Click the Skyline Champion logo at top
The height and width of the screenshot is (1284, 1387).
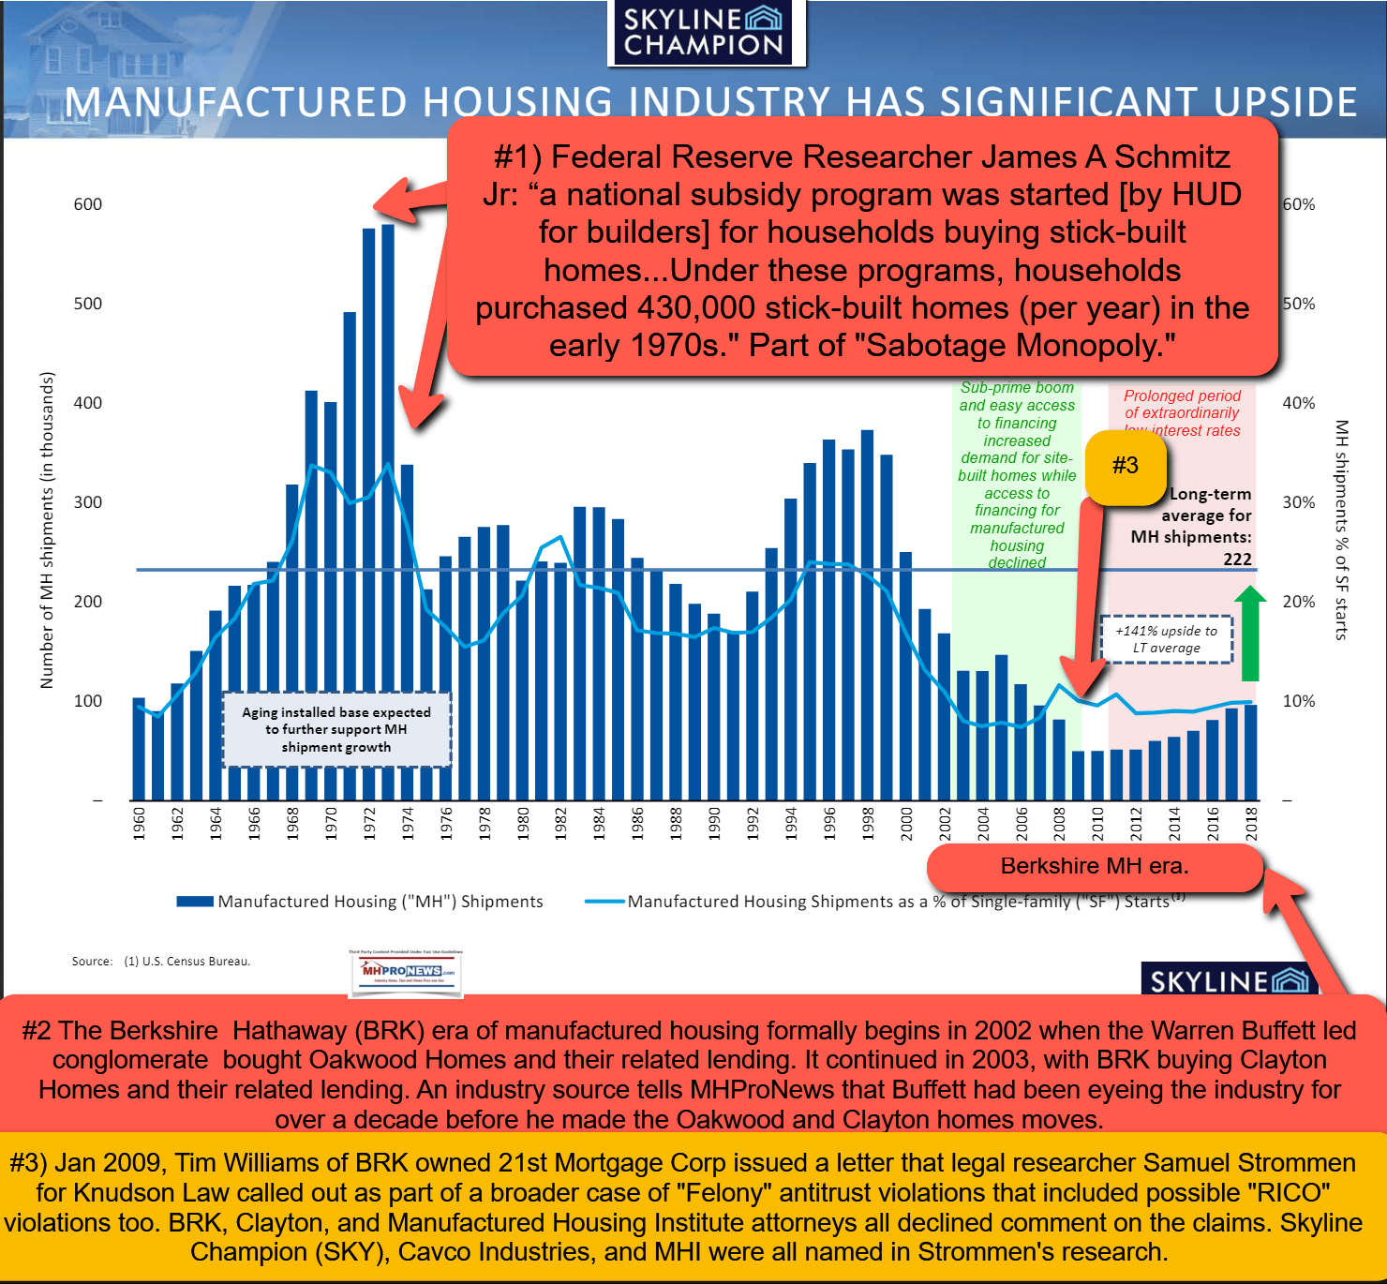[x=704, y=33]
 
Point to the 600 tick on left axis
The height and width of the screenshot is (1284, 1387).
[x=88, y=204]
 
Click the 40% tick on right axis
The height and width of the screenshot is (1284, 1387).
[x=1299, y=403]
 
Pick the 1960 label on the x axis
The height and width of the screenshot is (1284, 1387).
[x=140, y=823]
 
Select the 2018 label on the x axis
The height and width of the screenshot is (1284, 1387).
[x=1251, y=823]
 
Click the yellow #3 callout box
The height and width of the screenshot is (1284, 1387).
[x=1125, y=466]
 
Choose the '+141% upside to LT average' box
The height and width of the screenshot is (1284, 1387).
[x=1166, y=639]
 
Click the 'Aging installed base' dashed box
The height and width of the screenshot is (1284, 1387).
[x=336, y=729]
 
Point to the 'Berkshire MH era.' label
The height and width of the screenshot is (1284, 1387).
[x=1095, y=867]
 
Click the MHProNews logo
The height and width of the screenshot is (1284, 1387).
[x=406, y=970]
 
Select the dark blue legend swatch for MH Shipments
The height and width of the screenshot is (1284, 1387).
[x=195, y=902]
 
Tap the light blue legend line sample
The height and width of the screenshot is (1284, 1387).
[x=604, y=902]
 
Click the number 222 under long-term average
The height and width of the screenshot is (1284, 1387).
[x=1237, y=559]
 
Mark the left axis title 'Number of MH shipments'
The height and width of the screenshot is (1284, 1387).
[x=47, y=530]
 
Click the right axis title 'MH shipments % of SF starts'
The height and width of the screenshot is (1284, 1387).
[x=1341, y=530]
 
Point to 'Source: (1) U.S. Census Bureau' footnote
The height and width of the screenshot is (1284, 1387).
[x=161, y=962]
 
